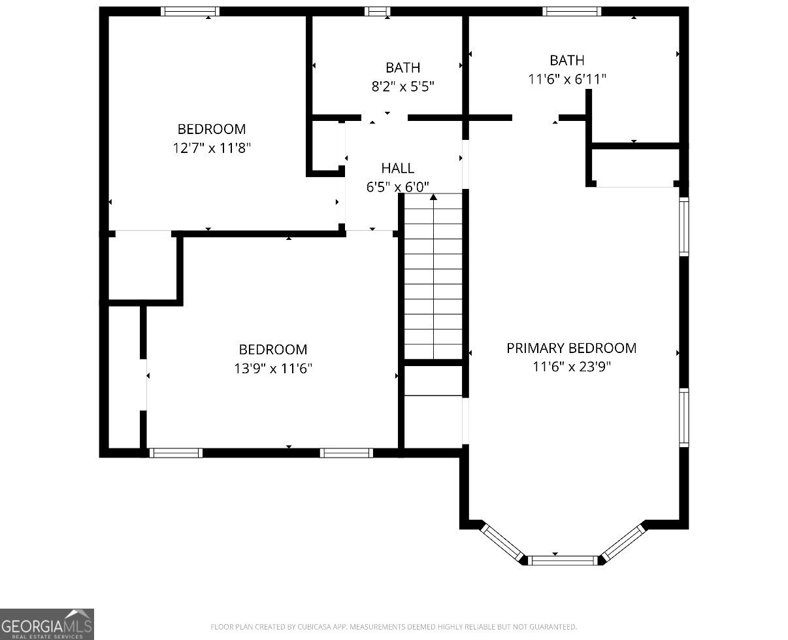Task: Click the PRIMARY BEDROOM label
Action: tap(571, 348)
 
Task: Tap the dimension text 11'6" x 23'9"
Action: tap(571, 367)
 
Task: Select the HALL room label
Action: tap(397, 169)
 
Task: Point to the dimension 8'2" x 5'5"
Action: tap(402, 86)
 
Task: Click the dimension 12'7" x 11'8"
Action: tap(212, 148)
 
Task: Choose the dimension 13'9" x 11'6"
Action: tap(273, 369)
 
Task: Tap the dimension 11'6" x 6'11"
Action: tap(567, 79)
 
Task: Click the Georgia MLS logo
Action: tap(47, 624)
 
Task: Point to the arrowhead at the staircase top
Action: tap(433, 196)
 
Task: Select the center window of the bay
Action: tap(563, 560)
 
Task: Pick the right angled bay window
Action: tap(623, 541)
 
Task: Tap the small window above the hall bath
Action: tap(377, 11)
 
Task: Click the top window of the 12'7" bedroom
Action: tap(190, 11)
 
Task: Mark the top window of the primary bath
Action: tap(572, 11)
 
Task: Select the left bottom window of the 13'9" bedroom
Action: tap(176, 452)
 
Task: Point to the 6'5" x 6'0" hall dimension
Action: tap(397, 187)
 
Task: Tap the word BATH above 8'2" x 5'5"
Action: tap(402, 67)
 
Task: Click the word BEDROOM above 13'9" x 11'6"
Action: tap(273, 350)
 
